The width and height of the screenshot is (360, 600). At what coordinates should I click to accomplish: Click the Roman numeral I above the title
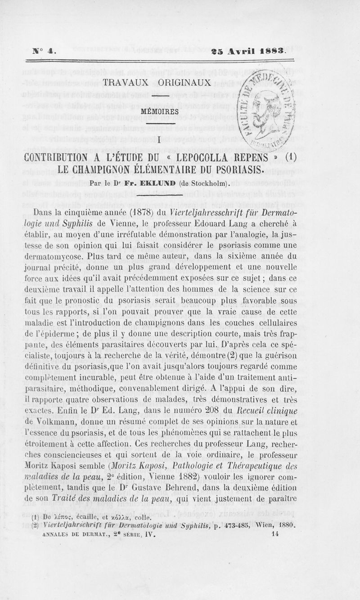pos(160,141)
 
